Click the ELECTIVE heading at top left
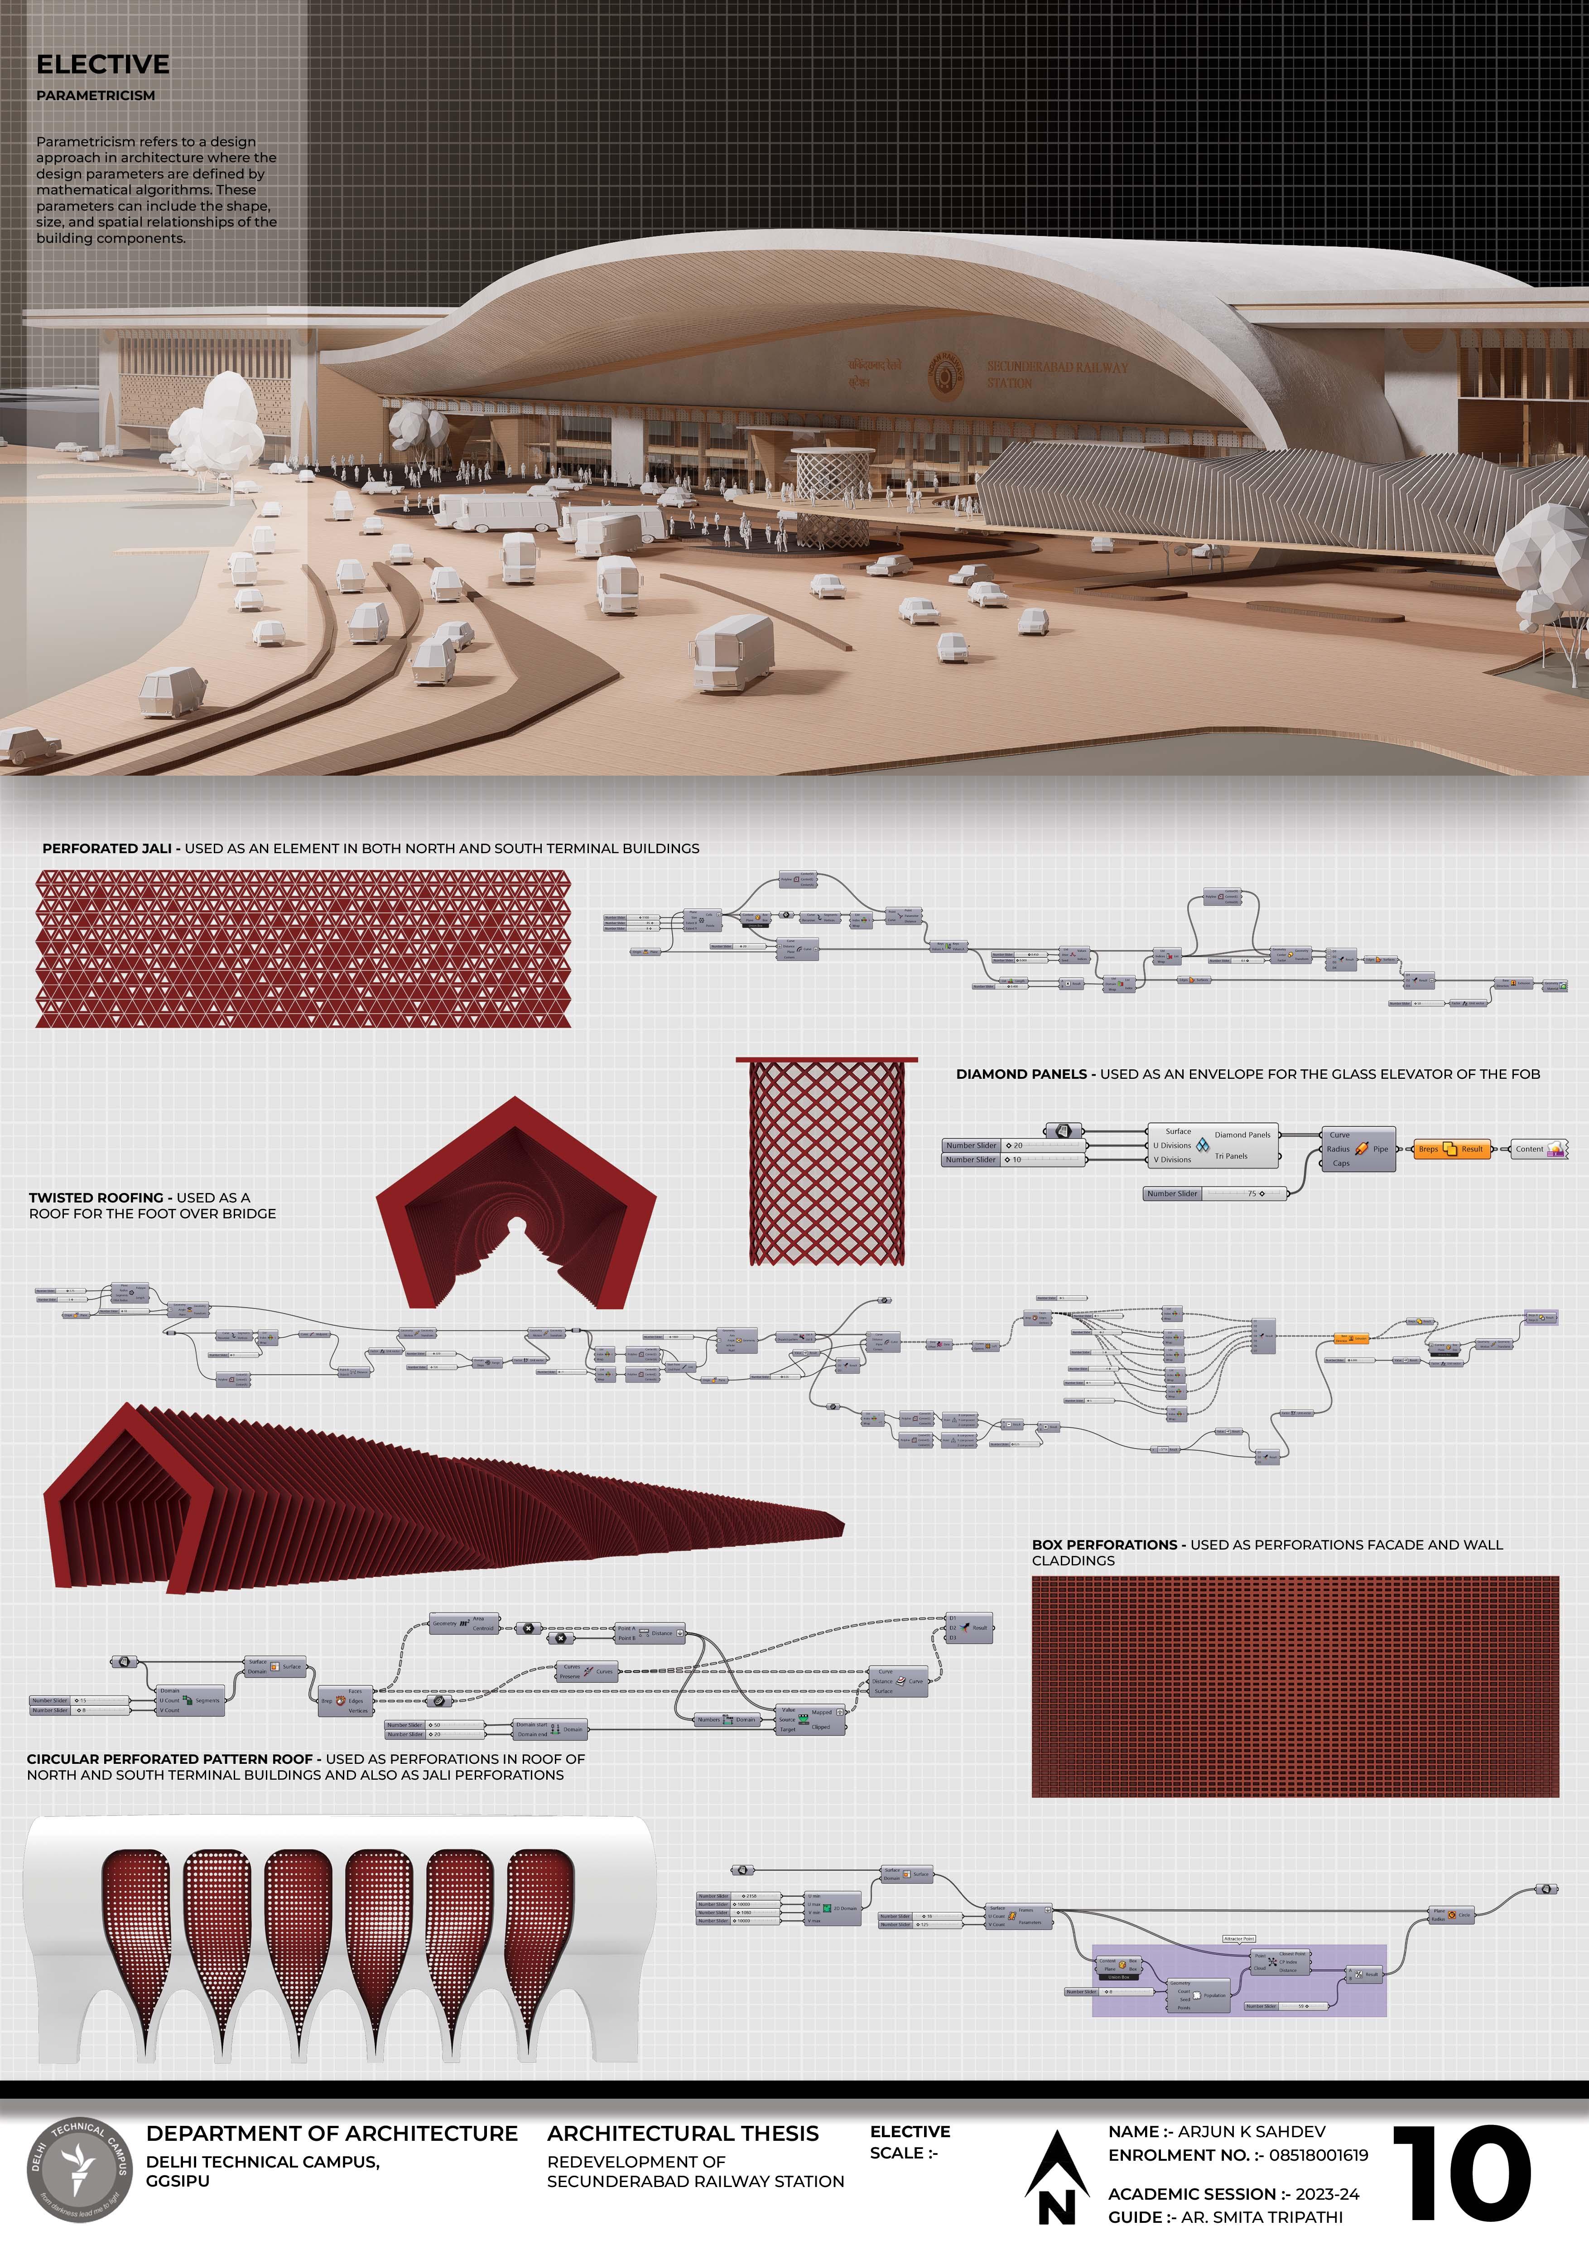pyautogui.click(x=103, y=65)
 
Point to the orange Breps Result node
pyautogui.click(x=1450, y=1149)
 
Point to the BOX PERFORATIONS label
pyautogui.click(x=1104, y=1545)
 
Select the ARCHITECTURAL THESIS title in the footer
pyautogui.click(x=683, y=2134)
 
